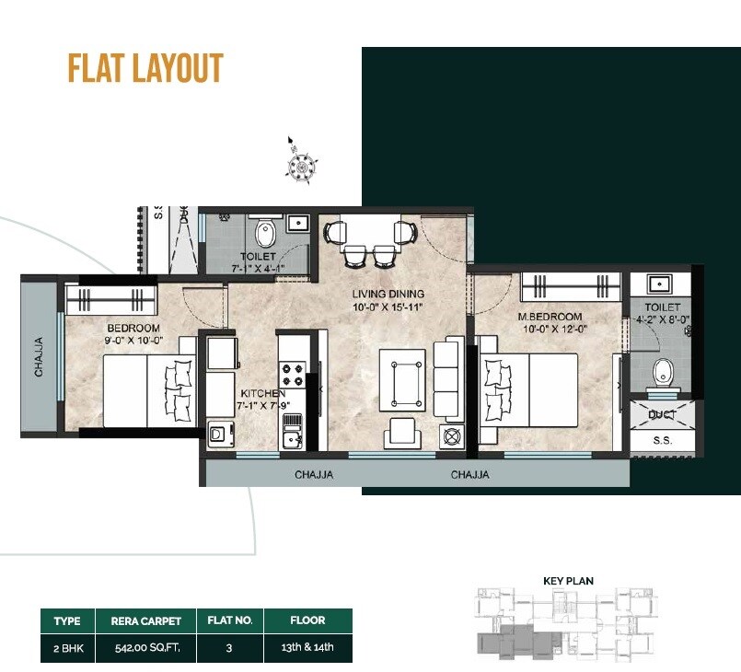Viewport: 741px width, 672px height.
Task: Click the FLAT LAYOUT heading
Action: (x=145, y=69)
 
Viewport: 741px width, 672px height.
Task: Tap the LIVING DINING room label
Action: (x=387, y=295)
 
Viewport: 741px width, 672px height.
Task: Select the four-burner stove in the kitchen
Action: (x=294, y=376)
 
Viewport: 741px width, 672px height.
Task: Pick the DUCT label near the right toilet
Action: (x=661, y=415)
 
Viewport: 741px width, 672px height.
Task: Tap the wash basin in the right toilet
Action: (x=662, y=284)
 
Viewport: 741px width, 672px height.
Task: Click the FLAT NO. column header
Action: (x=230, y=620)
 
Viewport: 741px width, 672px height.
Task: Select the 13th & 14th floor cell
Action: (x=307, y=647)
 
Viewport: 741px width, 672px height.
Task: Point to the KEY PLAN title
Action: (x=568, y=581)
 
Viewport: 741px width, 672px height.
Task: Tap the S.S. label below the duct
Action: (x=662, y=442)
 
